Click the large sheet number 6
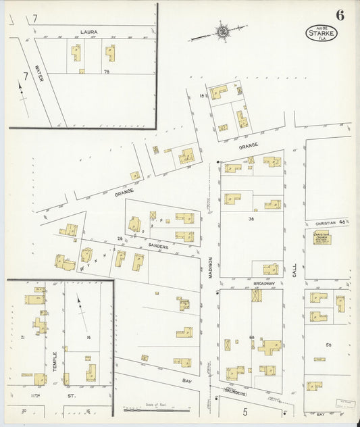point(338,14)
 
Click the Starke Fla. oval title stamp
point(320,32)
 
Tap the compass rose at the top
point(221,32)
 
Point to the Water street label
point(38,74)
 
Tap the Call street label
point(294,270)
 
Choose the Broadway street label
point(263,284)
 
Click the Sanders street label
point(159,247)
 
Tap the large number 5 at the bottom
point(245,411)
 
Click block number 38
point(251,219)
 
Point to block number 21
point(22,336)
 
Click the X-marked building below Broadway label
point(256,295)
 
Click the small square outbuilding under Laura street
point(81,71)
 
